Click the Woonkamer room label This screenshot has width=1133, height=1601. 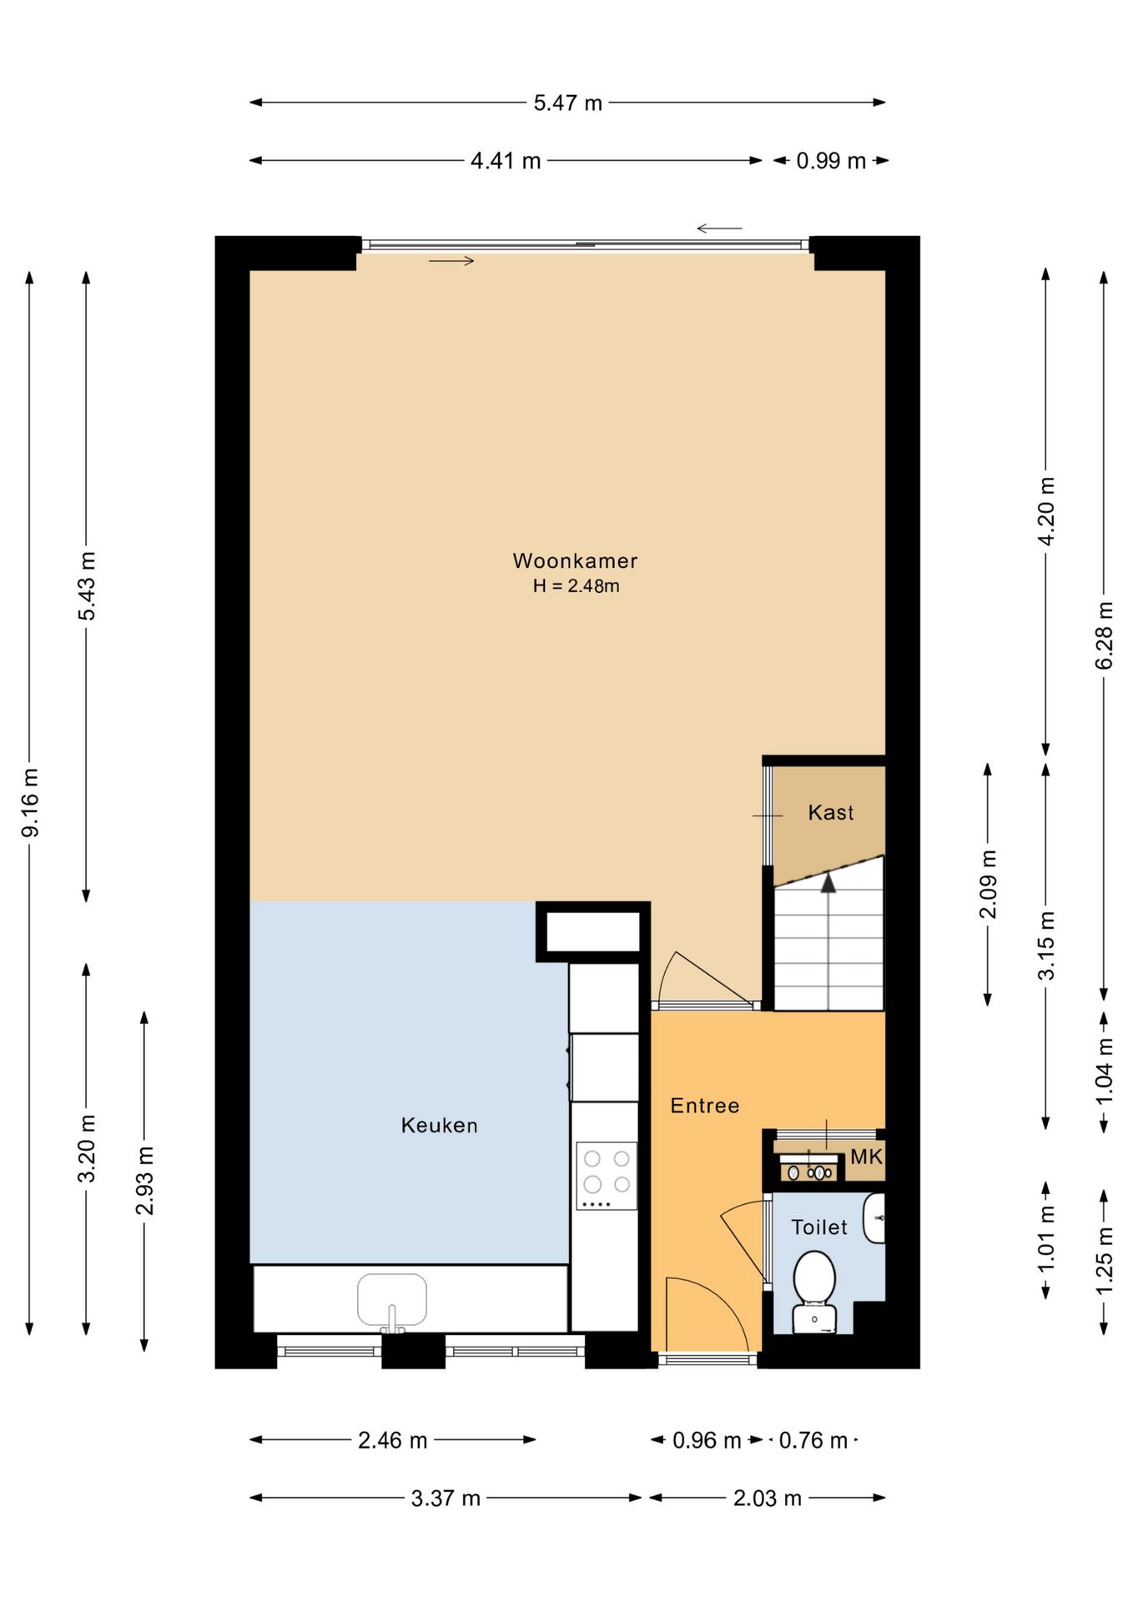pyautogui.click(x=575, y=560)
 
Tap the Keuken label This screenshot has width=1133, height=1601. pyautogui.click(x=439, y=1125)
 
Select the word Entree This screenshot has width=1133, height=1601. pyautogui.click(x=705, y=1106)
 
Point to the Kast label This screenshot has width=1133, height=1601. pyautogui.click(x=830, y=812)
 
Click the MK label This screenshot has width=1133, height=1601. pyautogui.click(x=866, y=1157)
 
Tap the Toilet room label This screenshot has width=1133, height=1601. pyautogui.click(x=818, y=1227)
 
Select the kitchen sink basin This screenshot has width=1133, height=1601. pyautogui.click(x=392, y=1299)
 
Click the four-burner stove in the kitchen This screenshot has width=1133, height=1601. pyautogui.click(x=607, y=1176)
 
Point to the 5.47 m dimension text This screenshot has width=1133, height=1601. pyautogui.click(x=567, y=103)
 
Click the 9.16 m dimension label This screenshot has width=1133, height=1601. pyautogui.click(x=30, y=802)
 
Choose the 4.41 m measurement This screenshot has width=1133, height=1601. pyautogui.click(x=506, y=160)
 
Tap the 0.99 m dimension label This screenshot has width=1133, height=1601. pyautogui.click(x=831, y=160)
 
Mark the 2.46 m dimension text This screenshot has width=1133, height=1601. pyautogui.click(x=393, y=1440)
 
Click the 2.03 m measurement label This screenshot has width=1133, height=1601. pyautogui.click(x=768, y=1498)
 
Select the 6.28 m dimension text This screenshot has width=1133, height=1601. pyautogui.click(x=1104, y=635)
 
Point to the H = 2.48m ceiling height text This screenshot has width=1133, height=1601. pyautogui.click(x=576, y=585)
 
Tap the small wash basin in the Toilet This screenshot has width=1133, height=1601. pyautogui.click(x=874, y=1217)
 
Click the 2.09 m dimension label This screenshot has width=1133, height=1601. pyautogui.click(x=988, y=884)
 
